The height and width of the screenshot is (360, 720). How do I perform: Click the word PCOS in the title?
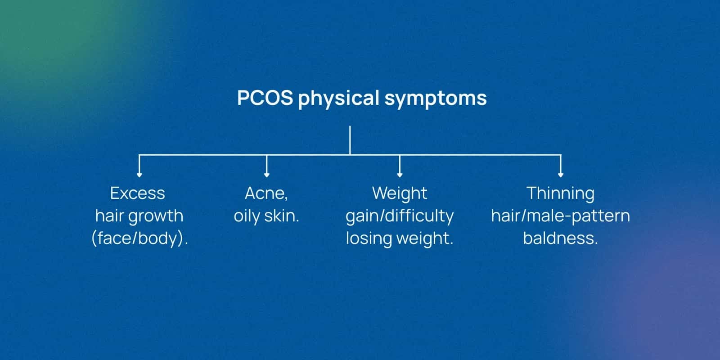pyautogui.click(x=265, y=98)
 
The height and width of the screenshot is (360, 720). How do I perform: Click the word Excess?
pyautogui.click(x=138, y=193)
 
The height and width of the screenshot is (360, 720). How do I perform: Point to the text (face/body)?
pyautogui.click(x=139, y=238)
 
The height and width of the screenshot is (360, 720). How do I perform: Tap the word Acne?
pyautogui.click(x=266, y=193)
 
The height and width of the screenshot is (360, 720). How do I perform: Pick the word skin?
pyautogui.click(x=282, y=216)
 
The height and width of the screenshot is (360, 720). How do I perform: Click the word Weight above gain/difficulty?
pyautogui.click(x=400, y=193)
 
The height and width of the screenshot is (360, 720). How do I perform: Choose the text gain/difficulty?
pyautogui.click(x=400, y=216)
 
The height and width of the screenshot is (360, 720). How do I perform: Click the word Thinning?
pyautogui.click(x=560, y=193)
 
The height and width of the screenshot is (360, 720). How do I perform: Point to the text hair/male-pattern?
pyautogui.click(x=560, y=216)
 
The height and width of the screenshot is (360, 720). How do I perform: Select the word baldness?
pyautogui.click(x=560, y=238)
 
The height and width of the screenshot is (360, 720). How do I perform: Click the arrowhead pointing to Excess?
pyautogui.click(x=139, y=174)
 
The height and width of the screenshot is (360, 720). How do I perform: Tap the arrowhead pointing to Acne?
pyautogui.click(x=267, y=174)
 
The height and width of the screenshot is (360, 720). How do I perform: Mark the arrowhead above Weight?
pyautogui.click(x=400, y=174)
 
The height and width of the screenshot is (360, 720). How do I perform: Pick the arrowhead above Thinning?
pyautogui.click(x=560, y=174)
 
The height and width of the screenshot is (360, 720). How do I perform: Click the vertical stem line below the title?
pyautogui.click(x=350, y=140)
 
